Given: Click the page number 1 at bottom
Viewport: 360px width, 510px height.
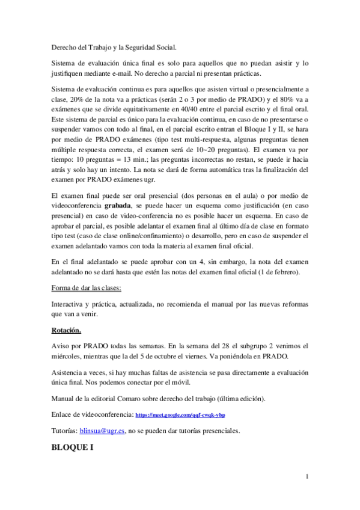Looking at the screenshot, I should [307, 477].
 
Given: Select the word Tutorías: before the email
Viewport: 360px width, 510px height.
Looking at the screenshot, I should [64, 431].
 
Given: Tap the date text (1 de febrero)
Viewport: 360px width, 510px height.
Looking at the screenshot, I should [276, 272].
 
